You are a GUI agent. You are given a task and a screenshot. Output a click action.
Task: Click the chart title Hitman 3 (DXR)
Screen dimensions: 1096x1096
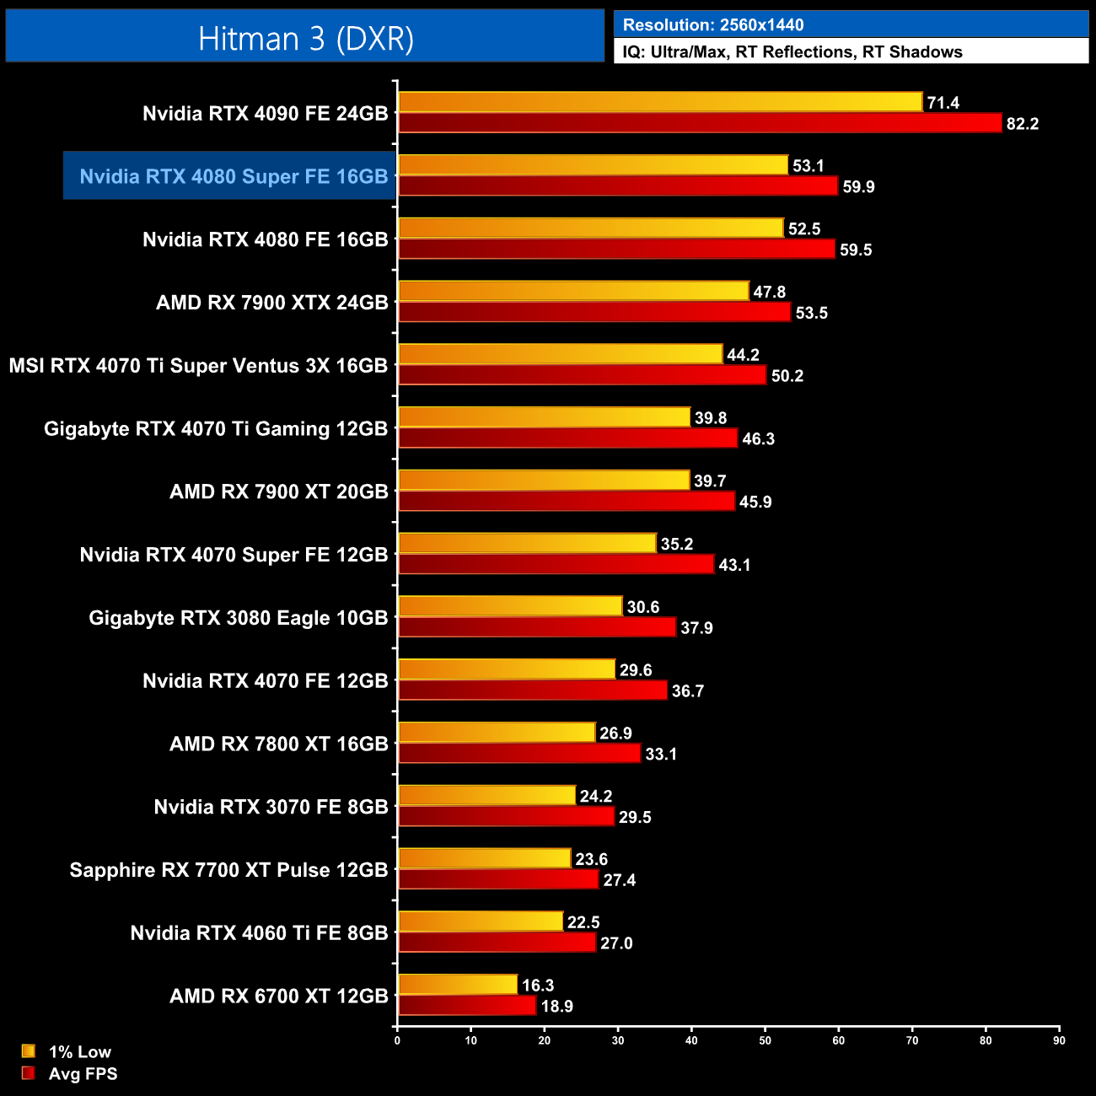[x=305, y=39]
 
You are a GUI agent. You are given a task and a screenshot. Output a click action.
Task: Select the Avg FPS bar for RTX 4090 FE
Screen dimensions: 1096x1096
[x=700, y=123]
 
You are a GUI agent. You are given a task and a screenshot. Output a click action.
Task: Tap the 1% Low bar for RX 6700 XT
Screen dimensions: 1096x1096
[x=458, y=985]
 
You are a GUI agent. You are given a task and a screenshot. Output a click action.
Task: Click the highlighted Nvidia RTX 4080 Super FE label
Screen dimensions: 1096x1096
[x=233, y=176]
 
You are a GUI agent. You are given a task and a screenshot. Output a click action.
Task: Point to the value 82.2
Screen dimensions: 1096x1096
[x=1022, y=124]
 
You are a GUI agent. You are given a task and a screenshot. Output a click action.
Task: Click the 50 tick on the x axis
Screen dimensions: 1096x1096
[x=765, y=1040]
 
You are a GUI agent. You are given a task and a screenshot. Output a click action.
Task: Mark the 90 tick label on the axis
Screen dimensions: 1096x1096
[x=1059, y=1040]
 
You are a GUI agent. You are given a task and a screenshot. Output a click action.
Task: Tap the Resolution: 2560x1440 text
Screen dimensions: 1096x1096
[x=713, y=25]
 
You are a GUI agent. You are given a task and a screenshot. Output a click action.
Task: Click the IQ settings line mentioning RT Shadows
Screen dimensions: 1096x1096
[x=792, y=52]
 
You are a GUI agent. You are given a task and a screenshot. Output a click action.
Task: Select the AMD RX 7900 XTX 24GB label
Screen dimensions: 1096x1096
[x=271, y=303]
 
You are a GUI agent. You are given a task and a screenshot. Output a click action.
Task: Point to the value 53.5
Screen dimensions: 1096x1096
[x=811, y=313]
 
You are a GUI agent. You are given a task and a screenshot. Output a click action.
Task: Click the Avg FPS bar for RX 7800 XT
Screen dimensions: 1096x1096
[x=519, y=754]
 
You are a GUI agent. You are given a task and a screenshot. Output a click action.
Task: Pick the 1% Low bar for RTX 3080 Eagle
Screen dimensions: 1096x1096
[x=510, y=606]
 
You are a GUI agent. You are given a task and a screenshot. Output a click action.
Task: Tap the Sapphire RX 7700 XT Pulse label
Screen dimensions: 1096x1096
[x=228, y=870]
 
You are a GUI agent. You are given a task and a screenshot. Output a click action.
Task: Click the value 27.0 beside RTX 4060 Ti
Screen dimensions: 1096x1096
[x=615, y=943]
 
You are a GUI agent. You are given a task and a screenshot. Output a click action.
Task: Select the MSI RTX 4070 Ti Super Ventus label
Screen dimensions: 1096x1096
[x=198, y=366]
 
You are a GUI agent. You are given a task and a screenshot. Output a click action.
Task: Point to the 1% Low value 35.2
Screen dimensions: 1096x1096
[x=676, y=545]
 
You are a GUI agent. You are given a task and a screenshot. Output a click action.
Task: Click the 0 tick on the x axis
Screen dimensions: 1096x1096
[x=397, y=1040]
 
